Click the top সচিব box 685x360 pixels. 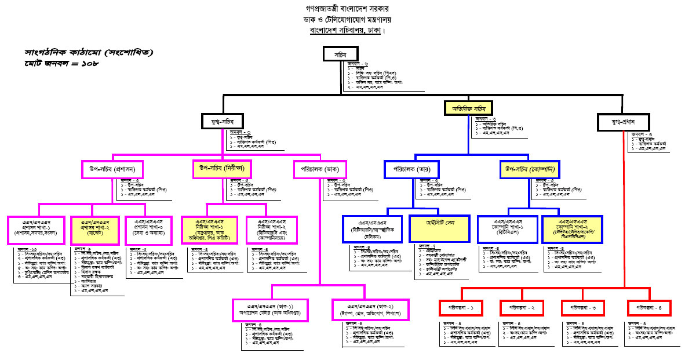point(340,53)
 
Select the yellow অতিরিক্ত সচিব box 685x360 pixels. point(468,108)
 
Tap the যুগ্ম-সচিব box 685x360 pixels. point(220,121)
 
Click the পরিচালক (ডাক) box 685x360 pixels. point(320,169)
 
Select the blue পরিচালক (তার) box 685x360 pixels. point(412,169)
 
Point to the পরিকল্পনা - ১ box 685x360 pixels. point(461,308)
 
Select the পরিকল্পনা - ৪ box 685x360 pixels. point(649,308)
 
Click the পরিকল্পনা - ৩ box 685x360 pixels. point(586,308)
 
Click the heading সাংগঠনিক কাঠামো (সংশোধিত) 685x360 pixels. point(89,52)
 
